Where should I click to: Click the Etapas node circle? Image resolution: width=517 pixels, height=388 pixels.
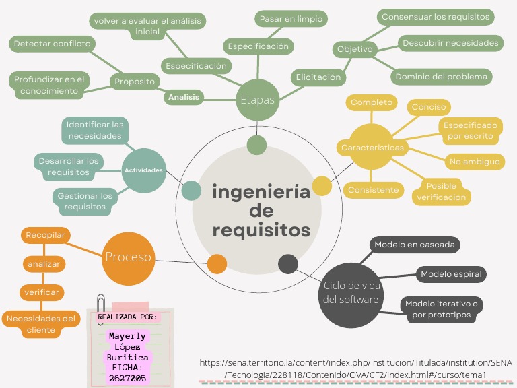click(x=258, y=100)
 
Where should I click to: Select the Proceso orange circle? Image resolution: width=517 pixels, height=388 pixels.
click(x=128, y=257)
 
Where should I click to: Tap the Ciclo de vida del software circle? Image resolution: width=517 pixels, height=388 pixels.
click(x=351, y=293)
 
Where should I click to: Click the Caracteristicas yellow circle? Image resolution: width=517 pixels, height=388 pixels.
click(x=372, y=147)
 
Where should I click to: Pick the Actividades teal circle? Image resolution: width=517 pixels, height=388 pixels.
click(x=143, y=170)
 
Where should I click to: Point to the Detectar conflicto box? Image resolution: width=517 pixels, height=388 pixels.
click(x=52, y=44)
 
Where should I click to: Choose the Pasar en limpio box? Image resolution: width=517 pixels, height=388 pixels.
click(x=291, y=19)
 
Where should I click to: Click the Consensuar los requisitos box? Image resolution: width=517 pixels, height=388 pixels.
click(x=436, y=16)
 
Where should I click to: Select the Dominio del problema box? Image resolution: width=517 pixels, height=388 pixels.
click(x=441, y=76)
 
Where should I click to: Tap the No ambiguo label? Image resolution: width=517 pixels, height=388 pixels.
click(x=475, y=162)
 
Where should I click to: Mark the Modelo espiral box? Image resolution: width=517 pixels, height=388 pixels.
click(x=450, y=274)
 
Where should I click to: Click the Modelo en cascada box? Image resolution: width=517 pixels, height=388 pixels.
click(x=415, y=245)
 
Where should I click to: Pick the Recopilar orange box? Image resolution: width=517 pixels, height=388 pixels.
click(x=45, y=235)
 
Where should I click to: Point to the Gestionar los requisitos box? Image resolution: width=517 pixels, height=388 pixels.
click(x=85, y=201)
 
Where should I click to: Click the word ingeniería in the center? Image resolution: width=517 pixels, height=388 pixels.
click(x=261, y=192)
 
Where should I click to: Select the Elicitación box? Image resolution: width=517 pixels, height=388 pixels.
click(x=318, y=77)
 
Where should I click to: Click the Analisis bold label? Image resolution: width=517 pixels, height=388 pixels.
click(x=184, y=97)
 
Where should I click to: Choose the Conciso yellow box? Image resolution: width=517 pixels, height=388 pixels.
click(x=429, y=107)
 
